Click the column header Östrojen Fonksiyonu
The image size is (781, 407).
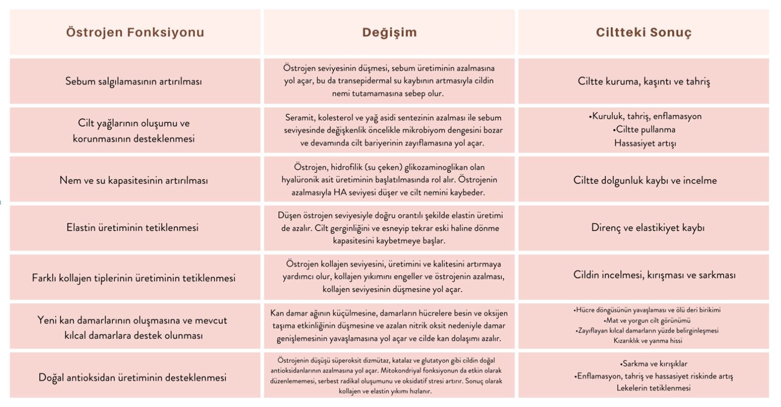click(x=135, y=33)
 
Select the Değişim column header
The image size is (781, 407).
click(x=389, y=33)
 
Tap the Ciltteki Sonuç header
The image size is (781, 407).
click(x=643, y=33)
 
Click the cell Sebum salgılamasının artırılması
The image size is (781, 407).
click(x=133, y=81)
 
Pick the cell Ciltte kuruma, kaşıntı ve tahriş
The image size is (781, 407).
click(x=643, y=81)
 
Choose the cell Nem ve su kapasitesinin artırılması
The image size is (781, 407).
click(x=133, y=181)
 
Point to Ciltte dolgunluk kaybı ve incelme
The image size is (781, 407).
click(x=644, y=181)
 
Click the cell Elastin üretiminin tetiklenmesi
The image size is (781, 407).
click(x=132, y=228)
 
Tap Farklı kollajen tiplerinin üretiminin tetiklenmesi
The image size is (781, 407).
click(x=133, y=278)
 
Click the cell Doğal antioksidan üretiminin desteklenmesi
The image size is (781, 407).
click(x=132, y=378)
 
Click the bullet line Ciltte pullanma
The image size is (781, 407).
click(x=644, y=130)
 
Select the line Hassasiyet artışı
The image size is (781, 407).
click(x=645, y=143)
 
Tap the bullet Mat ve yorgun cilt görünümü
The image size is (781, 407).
click(x=647, y=321)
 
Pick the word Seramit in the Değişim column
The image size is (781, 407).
click(x=299, y=118)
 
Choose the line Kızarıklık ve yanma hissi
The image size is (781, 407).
click(x=648, y=341)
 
